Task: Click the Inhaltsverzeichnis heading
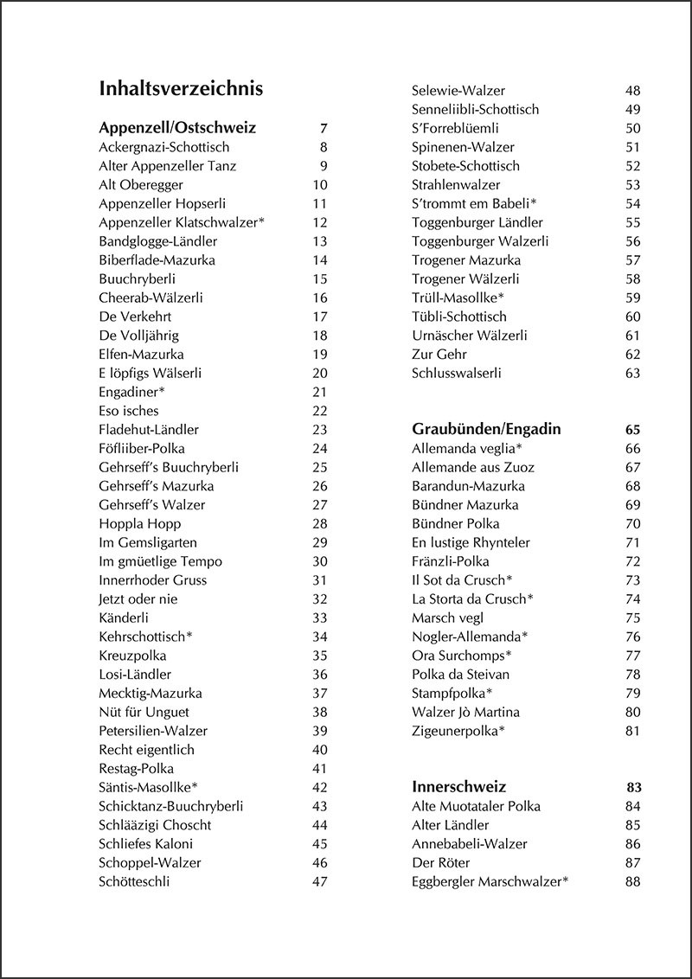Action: pyautogui.click(x=182, y=89)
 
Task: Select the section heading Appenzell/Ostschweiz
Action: pyautogui.click(x=177, y=128)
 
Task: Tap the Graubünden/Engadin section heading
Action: pyautogui.click(x=486, y=429)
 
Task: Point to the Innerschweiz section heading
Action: pyautogui.click(x=458, y=787)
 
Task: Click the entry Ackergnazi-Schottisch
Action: pyautogui.click(x=164, y=147)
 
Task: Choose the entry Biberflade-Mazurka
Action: pyautogui.click(x=157, y=260)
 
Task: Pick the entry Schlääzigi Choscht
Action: pyautogui.click(x=155, y=825)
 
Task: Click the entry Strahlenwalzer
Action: pyautogui.click(x=456, y=185)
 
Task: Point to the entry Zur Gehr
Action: pyautogui.click(x=439, y=355)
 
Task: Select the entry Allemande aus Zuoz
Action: pyautogui.click(x=473, y=467)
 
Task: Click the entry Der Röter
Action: pyautogui.click(x=442, y=862)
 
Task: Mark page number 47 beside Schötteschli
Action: pyautogui.click(x=320, y=881)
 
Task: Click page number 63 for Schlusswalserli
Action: pyautogui.click(x=632, y=374)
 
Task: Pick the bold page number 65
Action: pyautogui.click(x=632, y=429)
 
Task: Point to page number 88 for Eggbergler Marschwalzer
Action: pyautogui.click(x=632, y=881)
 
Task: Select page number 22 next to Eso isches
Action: pyautogui.click(x=320, y=411)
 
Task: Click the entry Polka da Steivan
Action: pyautogui.click(x=460, y=675)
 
